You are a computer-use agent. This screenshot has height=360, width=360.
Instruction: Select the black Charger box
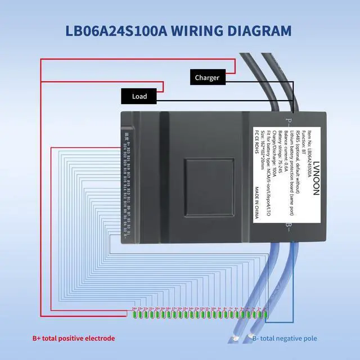coord(206,78)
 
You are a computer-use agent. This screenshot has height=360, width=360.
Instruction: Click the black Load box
coord(139,96)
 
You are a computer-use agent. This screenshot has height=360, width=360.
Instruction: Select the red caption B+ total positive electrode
coord(74,338)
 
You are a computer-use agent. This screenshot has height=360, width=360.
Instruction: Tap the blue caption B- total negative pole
coord(285,338)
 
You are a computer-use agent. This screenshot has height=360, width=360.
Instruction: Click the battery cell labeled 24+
coord(134,313)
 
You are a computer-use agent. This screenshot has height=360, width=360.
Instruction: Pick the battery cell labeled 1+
coord(264,313)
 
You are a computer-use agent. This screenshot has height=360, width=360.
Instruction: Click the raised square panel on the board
coord(209,179)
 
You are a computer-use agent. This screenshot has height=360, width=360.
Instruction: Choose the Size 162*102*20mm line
coord(263,155)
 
